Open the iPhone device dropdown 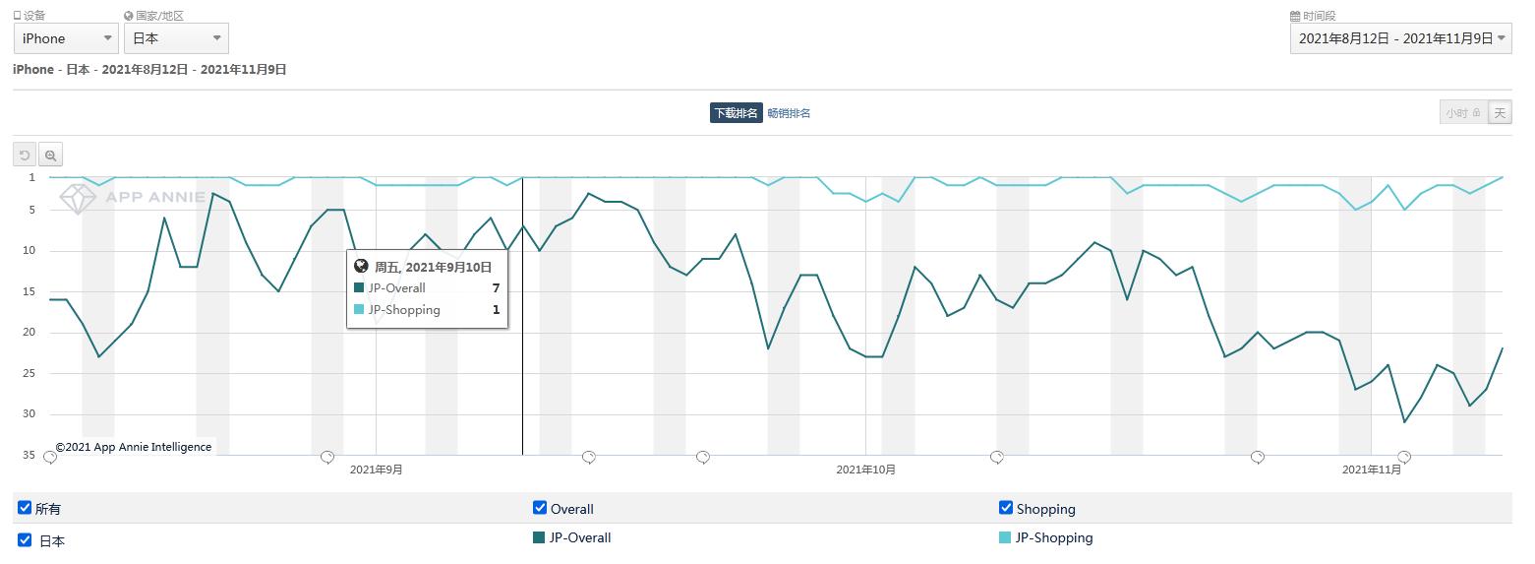[67, 38]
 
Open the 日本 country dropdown [176, 38]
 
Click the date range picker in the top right [1400, 38]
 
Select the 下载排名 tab [736, 113]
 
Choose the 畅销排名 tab [789, 113]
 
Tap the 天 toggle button [1500, 113]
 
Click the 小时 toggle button [1462, 113]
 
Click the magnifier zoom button [50, 156]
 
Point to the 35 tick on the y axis [30, 455]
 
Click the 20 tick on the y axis [30, 332]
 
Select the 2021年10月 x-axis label [865, 470]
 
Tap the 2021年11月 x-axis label [1372, 470]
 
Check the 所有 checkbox [25, 508]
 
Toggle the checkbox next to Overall [540, 508]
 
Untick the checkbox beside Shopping [1006, 508]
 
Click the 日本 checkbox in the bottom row [25, 539]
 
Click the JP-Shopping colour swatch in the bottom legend [1005, 537]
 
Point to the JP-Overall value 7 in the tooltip [497, 288]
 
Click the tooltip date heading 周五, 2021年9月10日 [433, 267]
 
